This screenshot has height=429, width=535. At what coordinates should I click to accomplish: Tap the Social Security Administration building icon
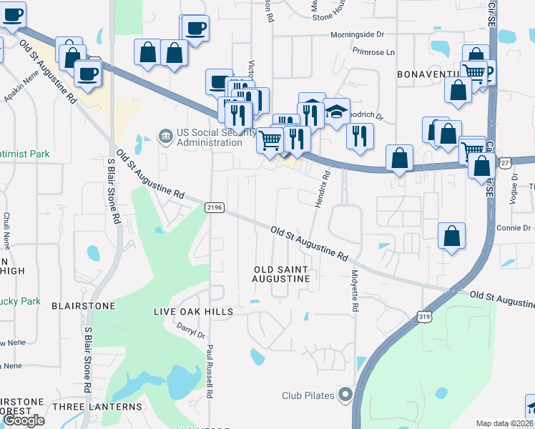tap(165, 135)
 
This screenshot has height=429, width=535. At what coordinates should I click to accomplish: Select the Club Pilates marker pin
tap(345, 395)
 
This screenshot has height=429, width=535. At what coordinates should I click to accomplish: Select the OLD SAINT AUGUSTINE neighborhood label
tap(282, 275)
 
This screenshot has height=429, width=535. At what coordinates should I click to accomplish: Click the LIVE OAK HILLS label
tap(194, 312)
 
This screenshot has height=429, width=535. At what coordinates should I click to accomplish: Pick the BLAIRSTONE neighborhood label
tap(84, 305)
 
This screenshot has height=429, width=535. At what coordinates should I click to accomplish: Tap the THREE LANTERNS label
tap(97, 407)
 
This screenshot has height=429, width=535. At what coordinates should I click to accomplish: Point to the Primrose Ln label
tap(373, 51)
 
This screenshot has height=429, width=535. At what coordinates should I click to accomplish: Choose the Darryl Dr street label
tap(191, 330)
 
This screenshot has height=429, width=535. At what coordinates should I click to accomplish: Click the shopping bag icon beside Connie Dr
tap(452, 235)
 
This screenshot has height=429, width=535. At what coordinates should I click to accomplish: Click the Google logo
tap(24, 420)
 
